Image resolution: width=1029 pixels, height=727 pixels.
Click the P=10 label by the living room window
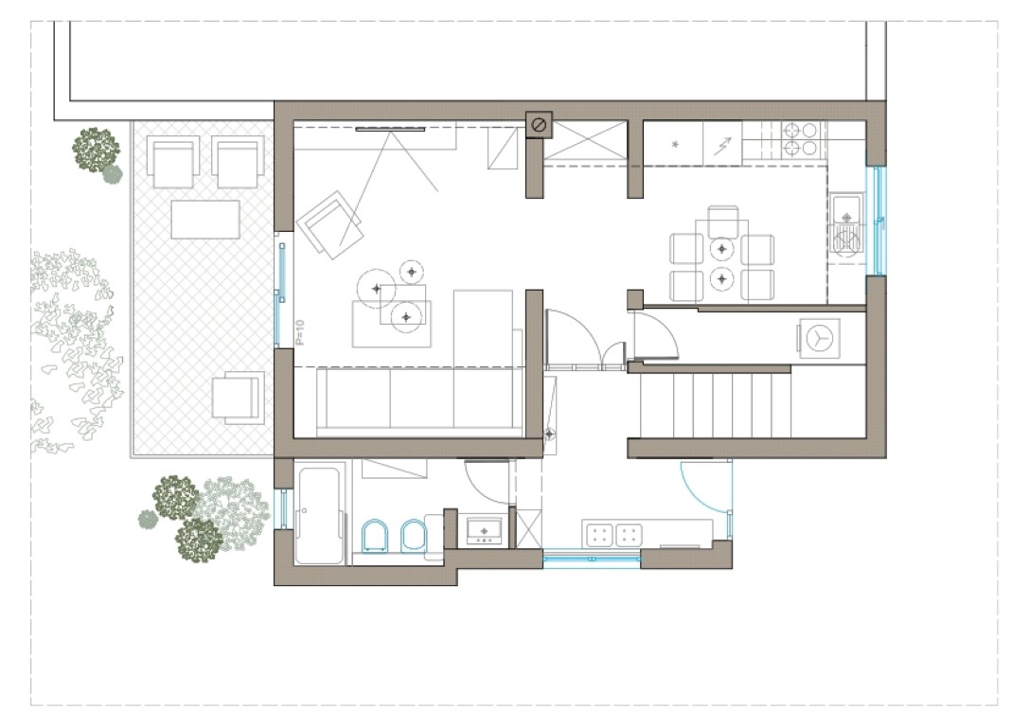pyautogui.click(x=300, y=332)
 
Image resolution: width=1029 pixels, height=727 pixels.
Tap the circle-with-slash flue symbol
pyautogui.click(x=539, y=125)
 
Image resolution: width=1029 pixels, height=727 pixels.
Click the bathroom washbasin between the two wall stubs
pyautogui.click(x=485, y=530)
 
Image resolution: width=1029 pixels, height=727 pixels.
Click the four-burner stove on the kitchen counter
pyautogui.click(x=800, y=139)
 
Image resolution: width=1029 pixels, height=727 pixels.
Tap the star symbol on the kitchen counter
pyautogui.click(x=675, y=144)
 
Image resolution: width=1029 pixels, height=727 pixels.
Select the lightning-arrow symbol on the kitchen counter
pyautogui.click(x=722, y=145)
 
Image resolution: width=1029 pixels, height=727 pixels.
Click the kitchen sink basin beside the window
pyautogui.click(x=846, y=208)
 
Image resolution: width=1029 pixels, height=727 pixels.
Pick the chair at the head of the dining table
pyautogui.click(x=723, y=221)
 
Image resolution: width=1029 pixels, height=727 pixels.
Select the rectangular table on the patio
pyautogui.click(x=205, y=220)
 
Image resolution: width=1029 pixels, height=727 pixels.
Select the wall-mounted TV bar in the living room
pyautogui.click(x=390, y=130)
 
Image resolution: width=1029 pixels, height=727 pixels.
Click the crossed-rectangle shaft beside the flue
pyautogui.click(x=585, y=140)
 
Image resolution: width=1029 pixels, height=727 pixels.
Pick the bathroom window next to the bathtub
pyautogui.click(x=283, y=508)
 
